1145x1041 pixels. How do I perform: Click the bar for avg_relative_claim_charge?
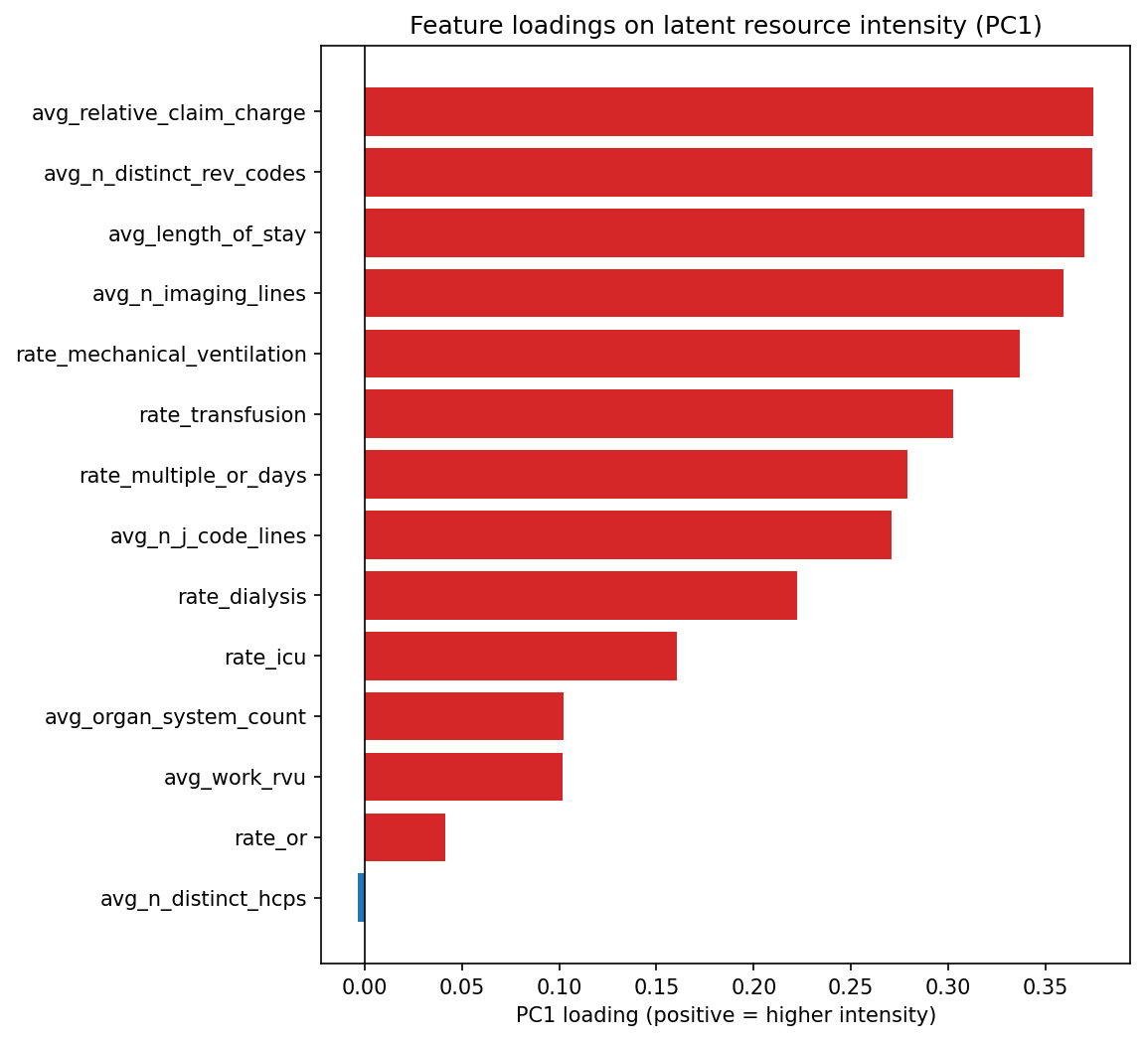tap(729, 112)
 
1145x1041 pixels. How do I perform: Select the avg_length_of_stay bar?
tap(724, 233)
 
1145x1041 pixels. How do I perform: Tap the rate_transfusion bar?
tap(658, 414)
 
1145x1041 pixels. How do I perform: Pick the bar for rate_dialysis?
tap(580, 596)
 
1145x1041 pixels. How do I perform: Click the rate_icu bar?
tap(520, 657)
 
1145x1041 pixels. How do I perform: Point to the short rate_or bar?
tap(405, 837)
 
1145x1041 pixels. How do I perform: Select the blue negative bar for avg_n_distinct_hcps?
tap(361, 898)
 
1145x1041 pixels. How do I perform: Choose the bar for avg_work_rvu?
tap(463, 777)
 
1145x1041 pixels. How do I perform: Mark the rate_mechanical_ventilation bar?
tap(692, 355)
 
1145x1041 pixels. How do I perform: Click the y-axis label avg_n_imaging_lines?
tap(199, 294)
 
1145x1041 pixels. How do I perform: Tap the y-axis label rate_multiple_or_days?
tap(193, 476)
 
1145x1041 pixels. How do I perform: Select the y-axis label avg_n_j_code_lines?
tap(208, 536)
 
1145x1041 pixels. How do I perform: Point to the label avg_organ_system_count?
tap(175, 717)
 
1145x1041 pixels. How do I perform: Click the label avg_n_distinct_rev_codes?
tap(174, 174)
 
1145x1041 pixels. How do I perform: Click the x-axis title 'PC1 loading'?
tap(726, 1015)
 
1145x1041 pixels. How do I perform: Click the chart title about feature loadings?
tap(726, 26)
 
